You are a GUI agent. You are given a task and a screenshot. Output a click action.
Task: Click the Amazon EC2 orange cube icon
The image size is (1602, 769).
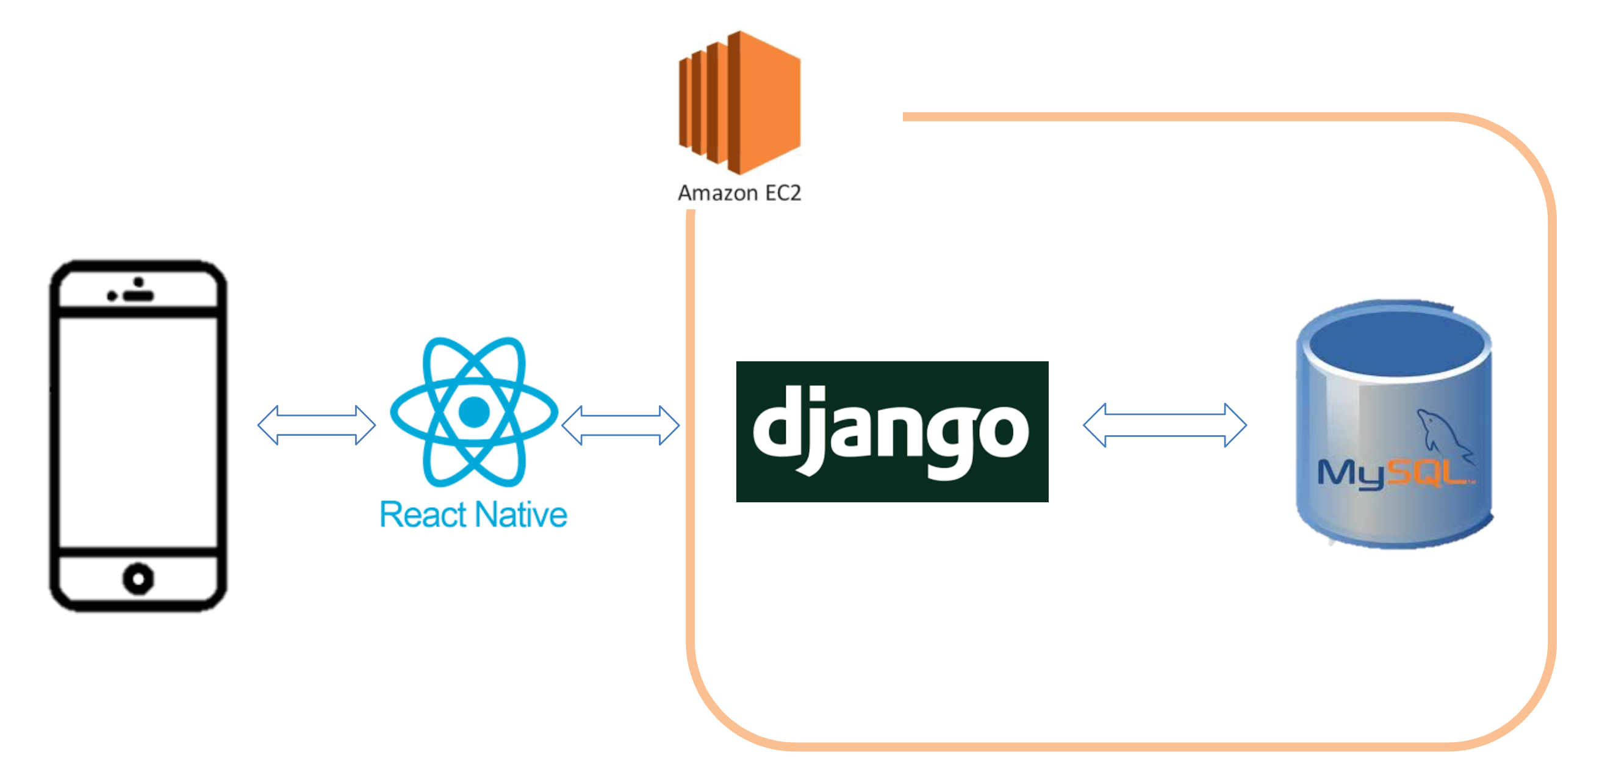click(739, 103)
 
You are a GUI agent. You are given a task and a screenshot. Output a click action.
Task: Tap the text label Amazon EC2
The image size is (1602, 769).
click(739, 193)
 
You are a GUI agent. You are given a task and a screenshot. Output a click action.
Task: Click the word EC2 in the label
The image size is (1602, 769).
click(782, 193)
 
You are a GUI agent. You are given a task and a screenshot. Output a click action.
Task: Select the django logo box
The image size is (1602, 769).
click(892, 431)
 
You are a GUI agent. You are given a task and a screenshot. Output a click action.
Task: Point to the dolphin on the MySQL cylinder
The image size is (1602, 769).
click(1442, 432)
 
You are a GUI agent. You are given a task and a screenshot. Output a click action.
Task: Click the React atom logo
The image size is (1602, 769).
click(474, 412)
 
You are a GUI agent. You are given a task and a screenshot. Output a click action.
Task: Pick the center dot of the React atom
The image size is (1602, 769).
click(474, 412)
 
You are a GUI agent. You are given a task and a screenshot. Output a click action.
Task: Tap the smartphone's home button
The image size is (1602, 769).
click(138, 579)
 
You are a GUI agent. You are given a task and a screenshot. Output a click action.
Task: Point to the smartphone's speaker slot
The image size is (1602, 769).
click(138, 295)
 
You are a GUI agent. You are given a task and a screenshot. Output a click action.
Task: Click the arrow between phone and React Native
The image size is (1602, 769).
click(317, 425)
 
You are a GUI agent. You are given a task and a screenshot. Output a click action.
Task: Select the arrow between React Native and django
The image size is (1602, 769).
click(620, 425)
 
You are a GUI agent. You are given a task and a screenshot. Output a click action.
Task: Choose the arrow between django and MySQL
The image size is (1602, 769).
click(1164, 425)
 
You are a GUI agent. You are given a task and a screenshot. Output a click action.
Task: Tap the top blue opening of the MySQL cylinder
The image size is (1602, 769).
click(1396, 344)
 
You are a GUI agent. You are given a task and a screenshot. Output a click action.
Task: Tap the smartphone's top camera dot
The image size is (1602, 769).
click(138, 282)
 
